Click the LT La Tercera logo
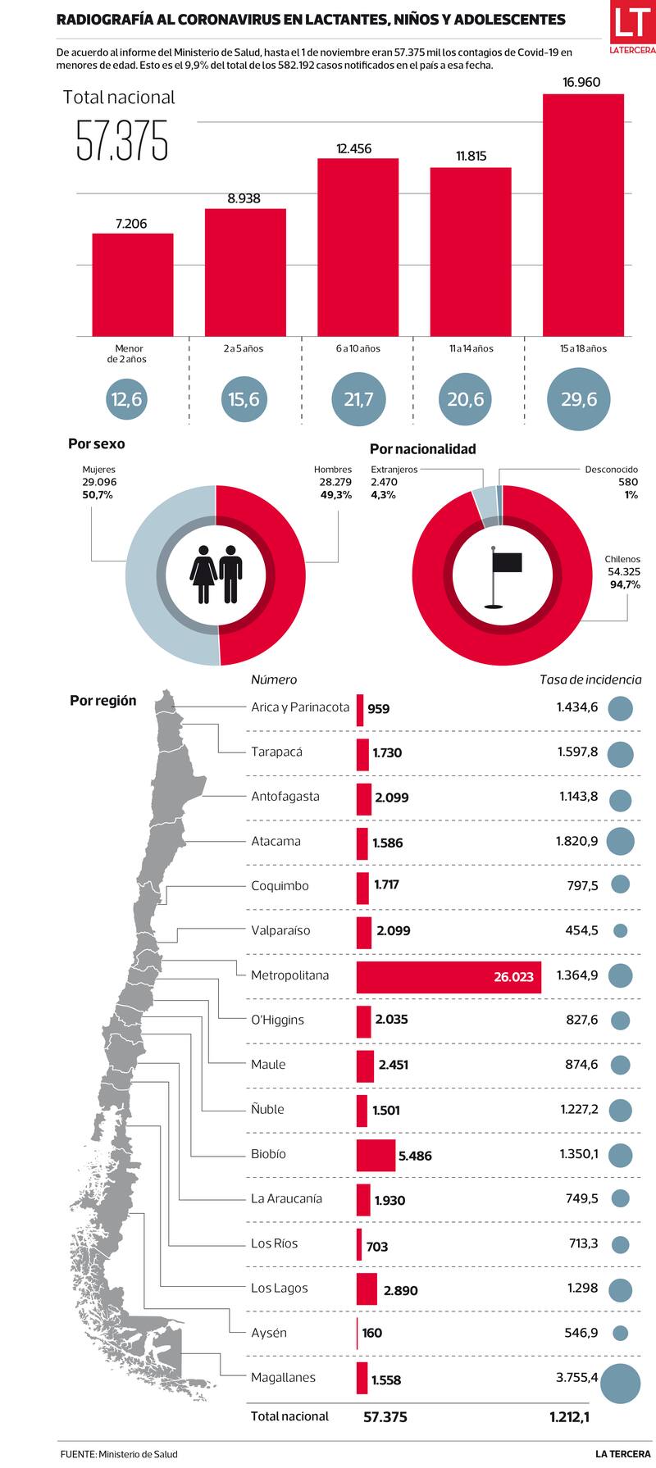pyautogui.click(x=631, y=28)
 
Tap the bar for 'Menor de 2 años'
pyautogui.click(x=132, y=284)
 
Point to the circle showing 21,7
pyautogui.click(x=358, y=399)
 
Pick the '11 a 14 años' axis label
pyautogui.click(x=471, y=348)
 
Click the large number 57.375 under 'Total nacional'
pyautogui.click(x=122, y=141)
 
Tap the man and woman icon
pyautogui.click(x=216, y=575)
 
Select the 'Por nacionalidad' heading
pyautogui.click(x=422, y=449)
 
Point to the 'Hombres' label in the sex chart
pyautogui.click(x=333, y=470)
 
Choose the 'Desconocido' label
pyautogui.click(x=611, y=470)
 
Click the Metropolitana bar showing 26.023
pyautogui.click(x=449, y=977)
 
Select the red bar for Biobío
pyautogui.click(x=375, y=1155)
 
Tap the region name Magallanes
pyautogui.click(x=283, y=1378)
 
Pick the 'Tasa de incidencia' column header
pyautogui.click(x=590, y=679)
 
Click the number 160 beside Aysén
pyautogui.click(x=371, y=1333)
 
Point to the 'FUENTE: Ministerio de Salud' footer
pyautogui.click(x=118, y=1454)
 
